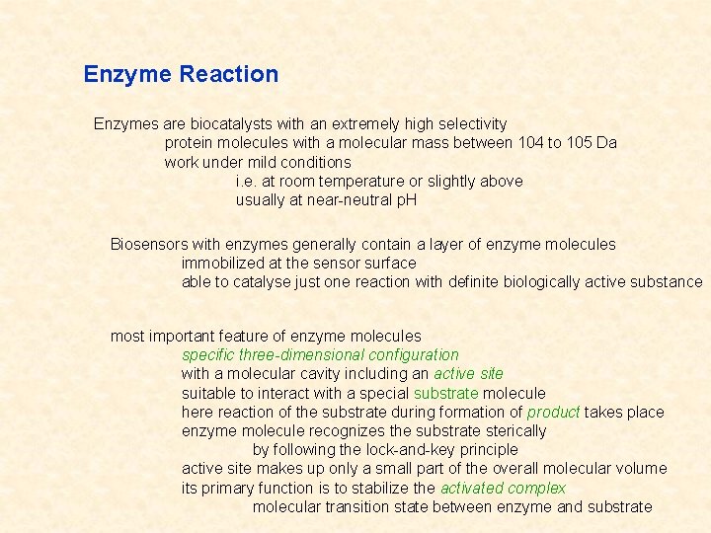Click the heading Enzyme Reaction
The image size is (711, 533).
(181, 74)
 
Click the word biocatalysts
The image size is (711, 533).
(212, 124)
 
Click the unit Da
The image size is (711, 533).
(607, 143)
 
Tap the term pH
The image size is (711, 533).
(406, 200)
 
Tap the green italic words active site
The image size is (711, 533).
(468, 374)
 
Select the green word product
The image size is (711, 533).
(553, 413)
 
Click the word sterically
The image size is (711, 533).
(513, 431)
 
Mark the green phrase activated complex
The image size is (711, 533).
(503, 489)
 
